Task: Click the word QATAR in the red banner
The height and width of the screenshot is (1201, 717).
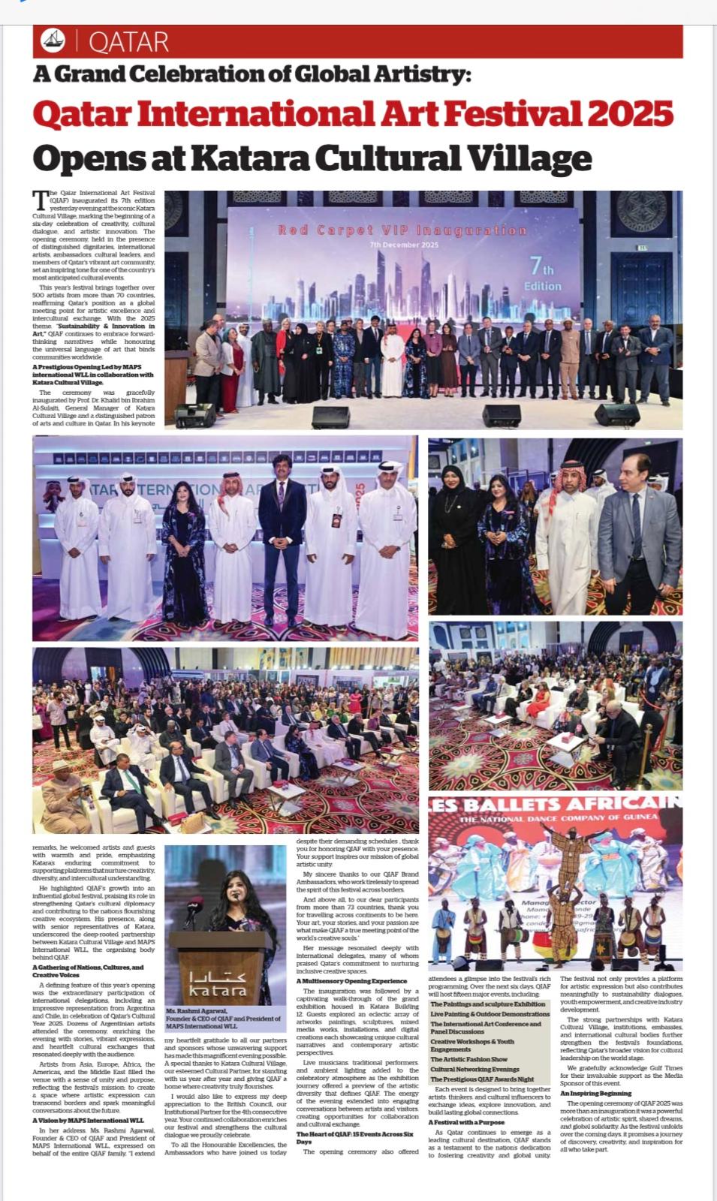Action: pos(128,41)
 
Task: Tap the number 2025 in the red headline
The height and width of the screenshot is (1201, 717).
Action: pos(629,114)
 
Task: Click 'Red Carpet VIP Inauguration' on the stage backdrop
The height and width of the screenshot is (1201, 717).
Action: pos(402,230)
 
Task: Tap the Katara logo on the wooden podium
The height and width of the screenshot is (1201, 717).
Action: pos(218,984)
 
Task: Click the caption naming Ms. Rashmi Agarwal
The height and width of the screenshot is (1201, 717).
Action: pos(223,1018)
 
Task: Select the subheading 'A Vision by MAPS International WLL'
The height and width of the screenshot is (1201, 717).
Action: pos(88,1120)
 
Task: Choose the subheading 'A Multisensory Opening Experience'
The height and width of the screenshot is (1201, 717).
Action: pos(351,981)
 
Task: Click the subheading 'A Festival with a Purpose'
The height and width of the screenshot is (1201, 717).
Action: pos(466,1122)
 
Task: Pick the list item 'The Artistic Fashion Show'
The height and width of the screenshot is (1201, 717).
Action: pos(468,1059)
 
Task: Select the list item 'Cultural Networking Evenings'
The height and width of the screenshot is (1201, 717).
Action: pos(474,1069)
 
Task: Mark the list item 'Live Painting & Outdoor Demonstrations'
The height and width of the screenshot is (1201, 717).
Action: pos(490,1014)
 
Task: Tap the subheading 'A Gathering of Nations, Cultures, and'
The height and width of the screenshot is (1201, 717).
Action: pos(88,968)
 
